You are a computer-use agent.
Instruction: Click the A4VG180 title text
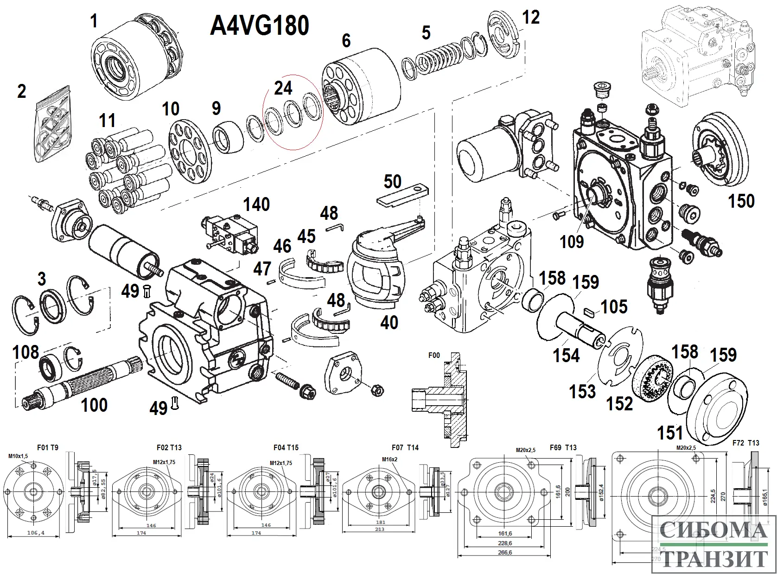pyautogui.click(x=260, y=26)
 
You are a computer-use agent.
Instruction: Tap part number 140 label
pyautogui.click(x=256, y=204)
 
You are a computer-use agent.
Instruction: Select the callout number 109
pyautogui.click(x=572, y=242)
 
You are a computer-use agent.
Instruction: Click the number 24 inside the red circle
pyautogui.click(x=283, y=88)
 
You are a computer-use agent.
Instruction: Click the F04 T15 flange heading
pyautogui.click(x=286, y=447)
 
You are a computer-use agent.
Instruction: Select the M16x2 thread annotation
pyautogui.click(x=390, y=459)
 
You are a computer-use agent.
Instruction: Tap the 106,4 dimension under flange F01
pyautogui.click(x=36, y=533)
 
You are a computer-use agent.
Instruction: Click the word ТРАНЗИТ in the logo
pyautogui.click(x=713, y=559)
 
